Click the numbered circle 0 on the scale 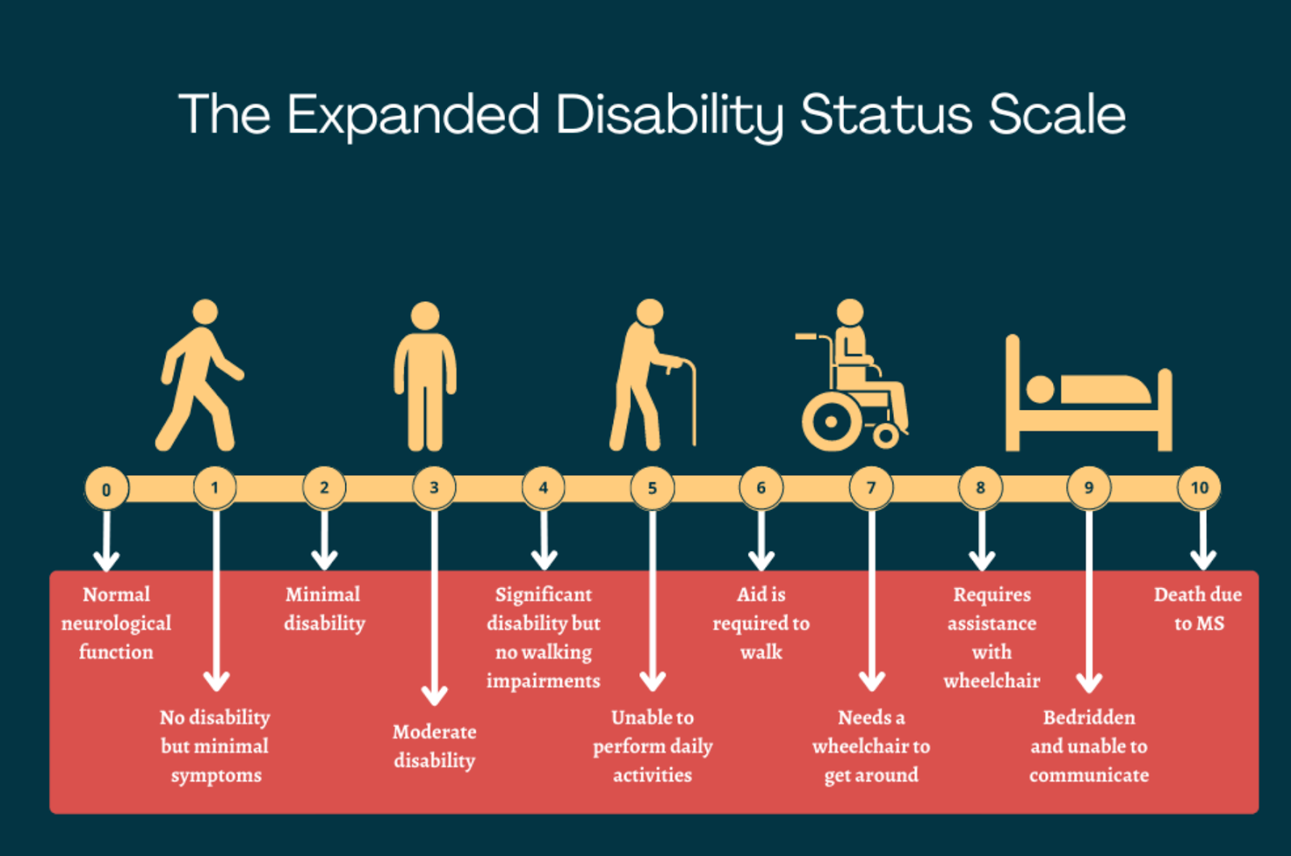pos(107,488)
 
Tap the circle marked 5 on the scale pos(653,487)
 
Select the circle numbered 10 pos(1199,487)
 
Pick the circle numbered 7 pos(871,487)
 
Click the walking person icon pos(198,374)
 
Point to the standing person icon pos(425,376)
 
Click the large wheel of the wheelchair pos(830,422)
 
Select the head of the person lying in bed pos(1040,389)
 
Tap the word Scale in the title pos(1057,114)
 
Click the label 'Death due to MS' pos(1198,608)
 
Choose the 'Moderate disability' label pos(435,746)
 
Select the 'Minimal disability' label pos(324,609)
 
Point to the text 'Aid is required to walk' pos(762,623)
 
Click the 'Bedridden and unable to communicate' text pos(1089,746)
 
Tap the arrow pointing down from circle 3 pos(435,608)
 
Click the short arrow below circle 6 pos(762,541)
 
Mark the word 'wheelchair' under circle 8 pos(992,681)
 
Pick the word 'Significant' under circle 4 pos(544,595)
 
